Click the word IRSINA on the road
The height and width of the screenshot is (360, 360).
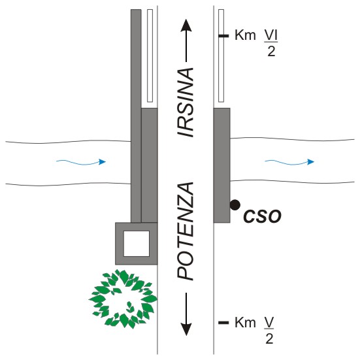coord(186,103)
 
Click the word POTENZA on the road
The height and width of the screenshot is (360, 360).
coord(186,231)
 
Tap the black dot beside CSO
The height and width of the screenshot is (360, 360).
coord(235,205)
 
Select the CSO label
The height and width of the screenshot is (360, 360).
coord(262,216)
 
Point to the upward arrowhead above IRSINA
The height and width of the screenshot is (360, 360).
coord(186,25)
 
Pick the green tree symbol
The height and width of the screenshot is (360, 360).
coord(123,299)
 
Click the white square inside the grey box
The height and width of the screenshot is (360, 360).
coord(137,244)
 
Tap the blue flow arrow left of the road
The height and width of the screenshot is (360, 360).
coord(81,162)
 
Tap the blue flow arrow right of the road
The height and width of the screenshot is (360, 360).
coord(289,162)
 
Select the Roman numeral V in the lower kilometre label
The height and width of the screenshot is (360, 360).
coord(269,323)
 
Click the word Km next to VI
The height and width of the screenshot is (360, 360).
coord(245,35)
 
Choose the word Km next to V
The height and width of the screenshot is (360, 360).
coord(245,323)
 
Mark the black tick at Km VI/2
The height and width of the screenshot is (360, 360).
coord(223,36)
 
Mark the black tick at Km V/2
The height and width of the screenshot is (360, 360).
coord(223,323)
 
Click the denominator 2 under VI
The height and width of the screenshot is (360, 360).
coord(271,52)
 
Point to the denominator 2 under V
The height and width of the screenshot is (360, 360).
coord(269,338)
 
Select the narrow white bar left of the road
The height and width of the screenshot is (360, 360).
coord(150,56)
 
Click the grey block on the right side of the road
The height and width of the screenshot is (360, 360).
coord(221,165)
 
